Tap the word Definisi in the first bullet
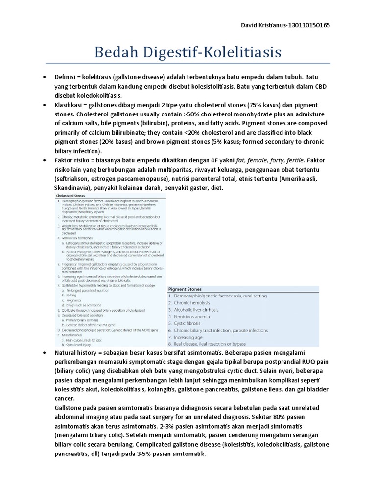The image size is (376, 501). tap(66, 77)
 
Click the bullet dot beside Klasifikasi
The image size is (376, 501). tap(45, 105)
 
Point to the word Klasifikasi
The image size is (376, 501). tap(70, 105)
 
